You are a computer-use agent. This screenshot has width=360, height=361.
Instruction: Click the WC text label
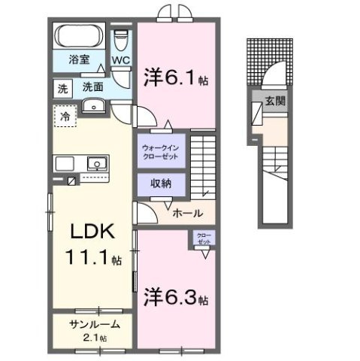pyautogui.click(x=122, y=60)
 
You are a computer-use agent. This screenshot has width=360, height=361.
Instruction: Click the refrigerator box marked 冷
pyautogui.click(x=66, y=117)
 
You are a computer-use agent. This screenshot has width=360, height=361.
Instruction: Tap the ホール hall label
pyautogui.click(x=187, y=214)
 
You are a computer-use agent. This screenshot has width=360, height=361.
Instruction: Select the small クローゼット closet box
pyautogui.click(x=204, y=240)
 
